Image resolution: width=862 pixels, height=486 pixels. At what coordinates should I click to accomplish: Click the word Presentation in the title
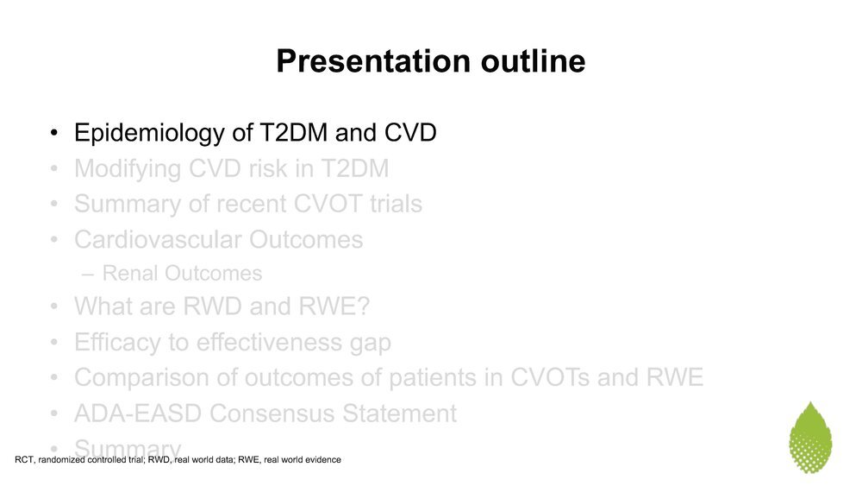tap(373, 60)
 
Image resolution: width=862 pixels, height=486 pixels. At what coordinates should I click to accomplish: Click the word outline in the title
tap(534, 60)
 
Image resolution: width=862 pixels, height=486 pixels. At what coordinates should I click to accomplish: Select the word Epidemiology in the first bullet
tap(149, 134)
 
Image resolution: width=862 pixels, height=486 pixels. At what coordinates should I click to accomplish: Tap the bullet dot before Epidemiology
tap(53, 133)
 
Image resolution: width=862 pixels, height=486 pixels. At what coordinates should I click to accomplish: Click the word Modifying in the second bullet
tap(127, 169)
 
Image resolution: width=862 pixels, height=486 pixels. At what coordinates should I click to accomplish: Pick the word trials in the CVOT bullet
tap(396, 204)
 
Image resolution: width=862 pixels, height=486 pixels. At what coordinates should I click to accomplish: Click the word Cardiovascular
tap(158, 239)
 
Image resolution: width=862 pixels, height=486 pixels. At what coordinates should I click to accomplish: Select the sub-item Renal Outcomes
tap(182, 273)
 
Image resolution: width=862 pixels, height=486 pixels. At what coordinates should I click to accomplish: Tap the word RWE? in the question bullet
tap(334, 306)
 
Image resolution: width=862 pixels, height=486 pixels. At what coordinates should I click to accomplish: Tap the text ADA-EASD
tap(138, 413)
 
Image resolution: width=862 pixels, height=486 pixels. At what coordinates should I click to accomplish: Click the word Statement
tap(399, 413)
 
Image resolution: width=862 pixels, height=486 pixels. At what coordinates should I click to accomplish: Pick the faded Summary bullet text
tap(128, 448)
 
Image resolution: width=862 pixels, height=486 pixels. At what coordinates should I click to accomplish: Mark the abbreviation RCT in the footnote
tap(24, 459)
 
